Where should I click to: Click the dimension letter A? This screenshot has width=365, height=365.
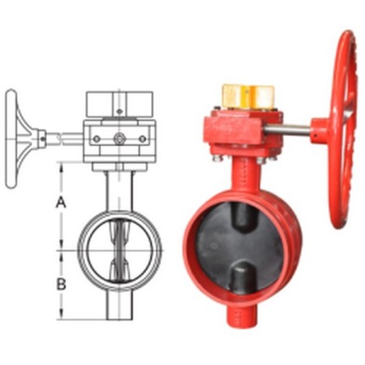tap(60, 204)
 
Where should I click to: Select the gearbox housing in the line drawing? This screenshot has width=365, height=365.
tap(120, 139)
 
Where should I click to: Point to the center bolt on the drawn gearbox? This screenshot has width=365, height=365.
tap(120, 139)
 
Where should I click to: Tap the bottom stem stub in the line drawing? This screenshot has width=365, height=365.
tap(120, 304)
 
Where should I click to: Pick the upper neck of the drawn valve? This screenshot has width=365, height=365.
tap(120, 191)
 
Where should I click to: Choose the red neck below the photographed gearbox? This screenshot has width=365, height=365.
tap(242, 178)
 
